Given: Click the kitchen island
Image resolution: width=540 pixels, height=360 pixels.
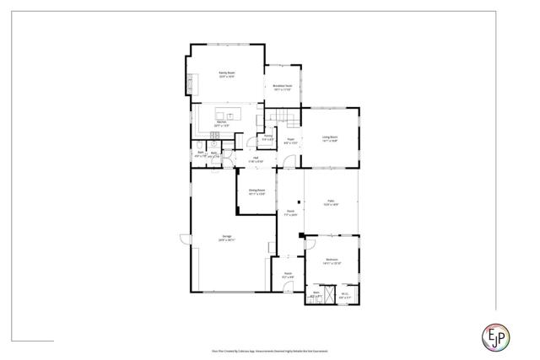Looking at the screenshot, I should (x=228, y=114).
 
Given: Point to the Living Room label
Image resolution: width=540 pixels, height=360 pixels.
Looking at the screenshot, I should (x=329, y=138).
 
